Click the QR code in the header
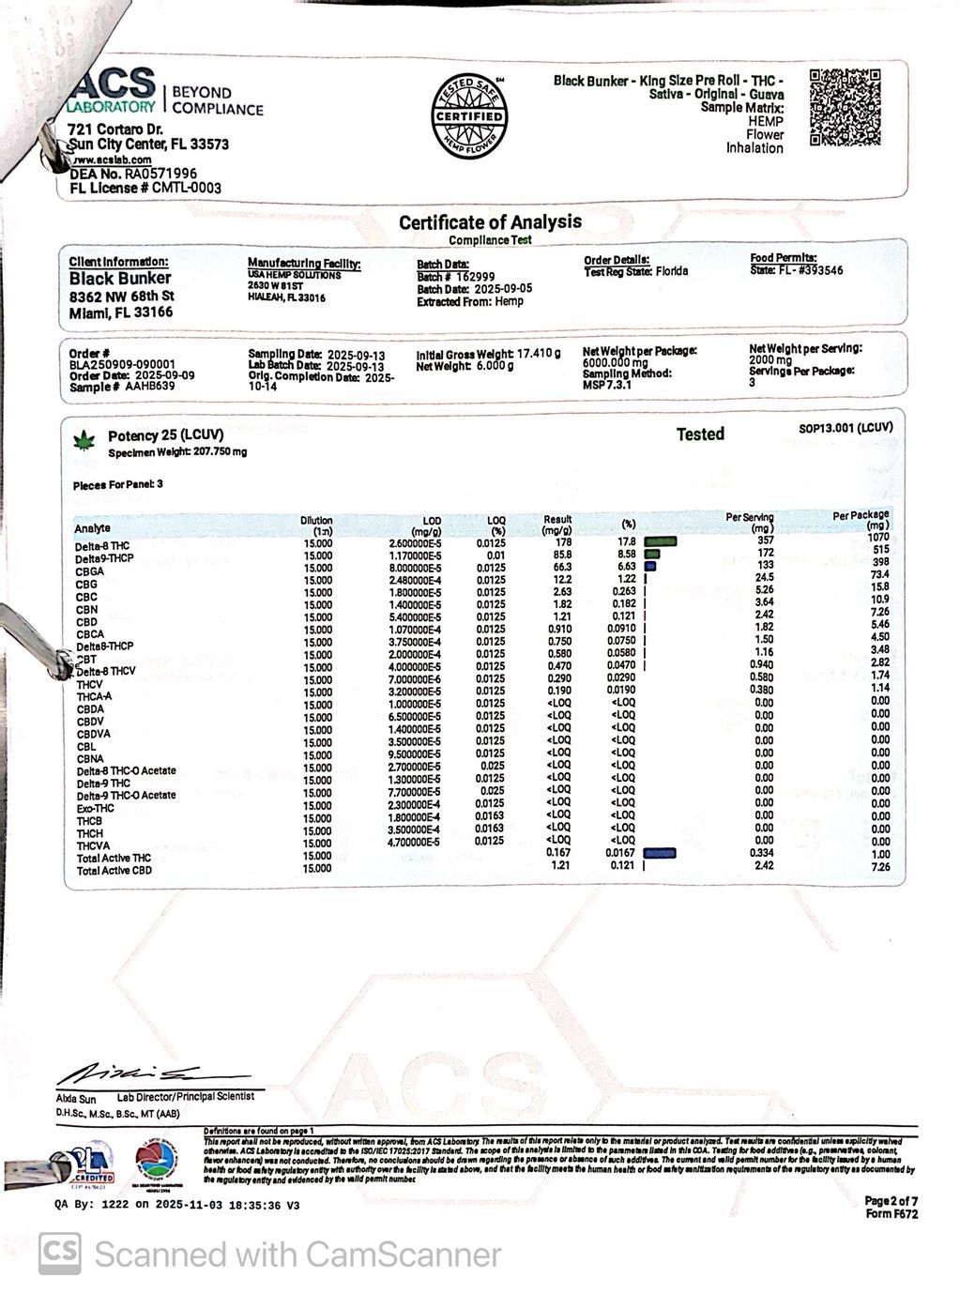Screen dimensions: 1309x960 pyautogui.click(x=844, y=107)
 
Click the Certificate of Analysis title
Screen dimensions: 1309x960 pyautogui.click(x=490, y=222)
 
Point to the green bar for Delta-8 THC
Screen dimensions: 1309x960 pyautogui.click(x=661, y=541)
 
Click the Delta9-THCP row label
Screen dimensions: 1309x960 pyautogui.click(x=104, y=559)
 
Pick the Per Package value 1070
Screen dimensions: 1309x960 pyautogui.click(x=877, y=538)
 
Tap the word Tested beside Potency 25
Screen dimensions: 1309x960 pyautogui.click(x=700, y=434)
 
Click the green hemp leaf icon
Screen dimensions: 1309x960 pyautogui.click(x=86, y=437)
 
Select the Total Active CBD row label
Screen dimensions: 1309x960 pyautogui.click(x=114, y=871)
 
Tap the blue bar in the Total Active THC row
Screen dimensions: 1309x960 pyautogui.click(x=662, y=852)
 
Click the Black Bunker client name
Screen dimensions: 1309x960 pyautogui.click(x=120, y=279)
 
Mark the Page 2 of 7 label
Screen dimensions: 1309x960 pyautogui.click(x=891, y=1200)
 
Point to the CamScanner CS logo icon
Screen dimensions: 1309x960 pyautogui.click(x=59, y=1254)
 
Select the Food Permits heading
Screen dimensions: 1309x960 pyautogui.click(x=784, y=258)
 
